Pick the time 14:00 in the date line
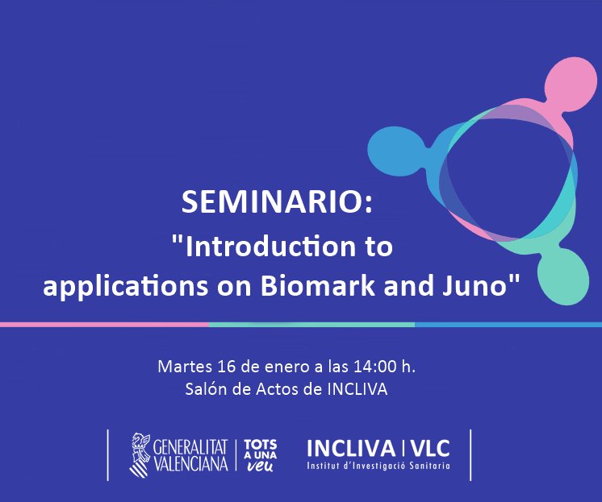377,367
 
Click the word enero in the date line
286,367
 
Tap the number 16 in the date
228,367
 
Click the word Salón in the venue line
205,390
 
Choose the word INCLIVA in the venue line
357,390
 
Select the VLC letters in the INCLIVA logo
431,448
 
